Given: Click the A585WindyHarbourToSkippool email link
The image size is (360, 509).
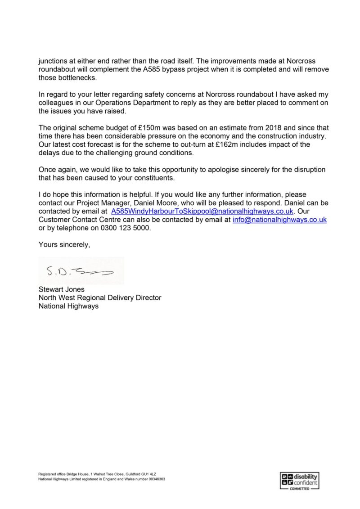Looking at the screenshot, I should coord(202,211).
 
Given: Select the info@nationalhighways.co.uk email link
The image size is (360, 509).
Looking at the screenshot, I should coord(279,220).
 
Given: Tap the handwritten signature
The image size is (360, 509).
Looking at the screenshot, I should coord(79,271).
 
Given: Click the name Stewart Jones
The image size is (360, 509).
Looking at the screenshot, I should coord(61,289).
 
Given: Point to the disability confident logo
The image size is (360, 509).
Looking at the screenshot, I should coord(299,481).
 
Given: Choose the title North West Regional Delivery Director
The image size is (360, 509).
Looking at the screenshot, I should coord(99,298).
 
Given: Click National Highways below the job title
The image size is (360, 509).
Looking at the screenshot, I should coord(68,306).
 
